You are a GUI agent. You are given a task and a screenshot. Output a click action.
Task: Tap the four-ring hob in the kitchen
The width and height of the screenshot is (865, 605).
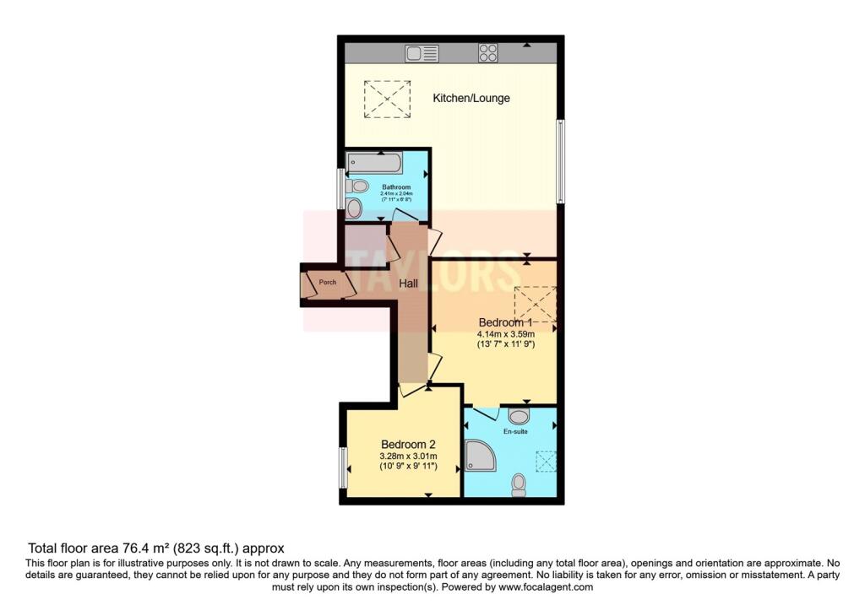[x=488, y=53]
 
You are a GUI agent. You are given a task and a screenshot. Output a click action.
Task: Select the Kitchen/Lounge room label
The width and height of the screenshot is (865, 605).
[x=471, y=98]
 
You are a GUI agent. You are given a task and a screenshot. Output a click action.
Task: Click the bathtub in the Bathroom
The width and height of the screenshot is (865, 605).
[x=378, y=163]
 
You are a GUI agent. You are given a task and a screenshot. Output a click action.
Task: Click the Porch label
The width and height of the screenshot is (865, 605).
[x=328, y=283]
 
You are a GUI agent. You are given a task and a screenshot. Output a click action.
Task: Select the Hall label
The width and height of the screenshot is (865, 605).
[x=409, y=284]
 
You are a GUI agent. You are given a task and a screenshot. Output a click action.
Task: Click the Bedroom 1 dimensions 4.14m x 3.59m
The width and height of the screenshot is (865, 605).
[x=505, y=333]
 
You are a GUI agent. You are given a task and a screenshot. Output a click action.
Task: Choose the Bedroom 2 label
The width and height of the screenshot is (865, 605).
[x=408, y=445]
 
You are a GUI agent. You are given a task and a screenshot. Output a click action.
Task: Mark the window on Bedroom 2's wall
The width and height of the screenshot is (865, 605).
[x=344, y=467]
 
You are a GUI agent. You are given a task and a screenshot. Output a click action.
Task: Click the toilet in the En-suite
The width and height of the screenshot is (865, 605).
[x=520, y=483]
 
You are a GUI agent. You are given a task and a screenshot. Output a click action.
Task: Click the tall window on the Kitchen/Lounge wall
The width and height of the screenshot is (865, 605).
[x=559, y=161]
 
